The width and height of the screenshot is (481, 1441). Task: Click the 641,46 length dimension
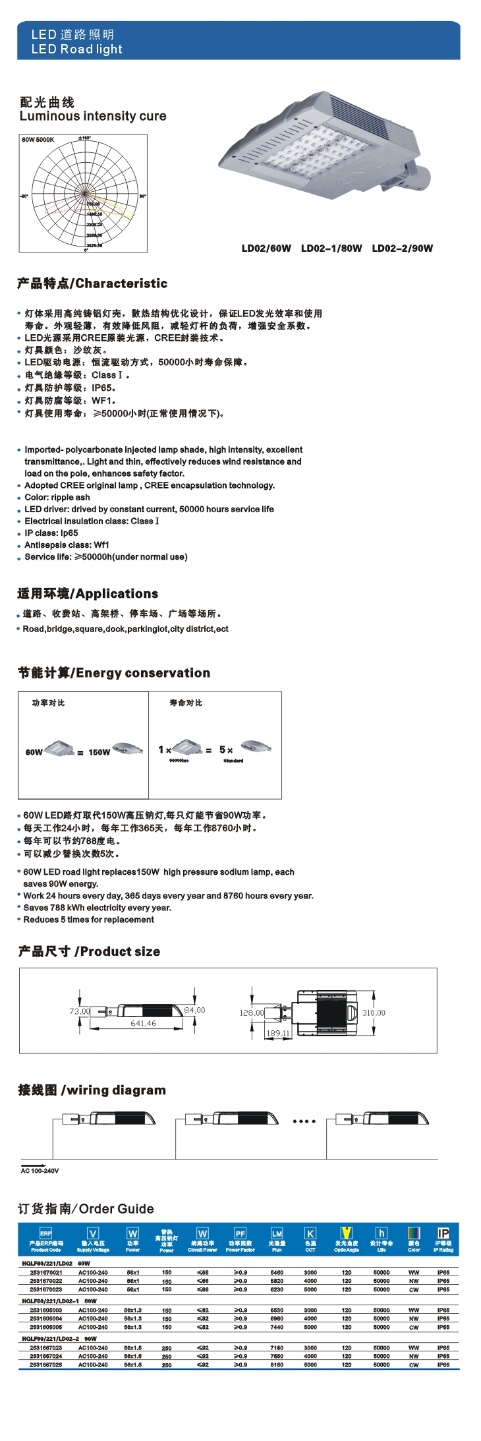pyautogui.click(x=143, y=1023)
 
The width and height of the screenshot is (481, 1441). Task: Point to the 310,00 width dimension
pyautogui.click(x=374, y=1013)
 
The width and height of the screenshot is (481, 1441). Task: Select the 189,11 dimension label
pyautogui.click(x=277, y=1033)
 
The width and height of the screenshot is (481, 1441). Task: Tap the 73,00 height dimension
pyautogui.click(x=80, y=1011)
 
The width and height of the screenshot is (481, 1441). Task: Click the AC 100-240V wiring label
pyautogui.click(x=40, y=1171)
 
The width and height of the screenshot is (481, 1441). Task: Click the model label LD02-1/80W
pyautogui.click(x=331, y=249)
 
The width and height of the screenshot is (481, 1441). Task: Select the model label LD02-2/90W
pyautogui.click(x=403, y=249)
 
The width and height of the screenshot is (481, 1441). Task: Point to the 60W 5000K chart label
pyautogui.click(x=38, y=140)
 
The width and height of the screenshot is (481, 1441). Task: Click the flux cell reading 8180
pyautogui.click(x=277, y=1365)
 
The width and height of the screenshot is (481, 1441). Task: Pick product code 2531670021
pyautogui.click(x=46, y=1272)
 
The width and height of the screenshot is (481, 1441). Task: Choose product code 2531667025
pyautogui.click(x=46, y=1365)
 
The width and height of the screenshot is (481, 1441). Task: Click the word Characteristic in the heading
pyautogui.click(x=121, y=283)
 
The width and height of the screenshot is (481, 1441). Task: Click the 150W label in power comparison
pyautogui.click(x=99, y=752)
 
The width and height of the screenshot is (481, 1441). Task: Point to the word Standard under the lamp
pyautogui.click(x=233, y=761)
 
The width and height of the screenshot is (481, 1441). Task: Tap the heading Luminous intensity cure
pyautogui.click(x=93, y=116)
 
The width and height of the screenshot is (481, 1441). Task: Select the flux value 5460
pyautogui.click(x=277, y=1272)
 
